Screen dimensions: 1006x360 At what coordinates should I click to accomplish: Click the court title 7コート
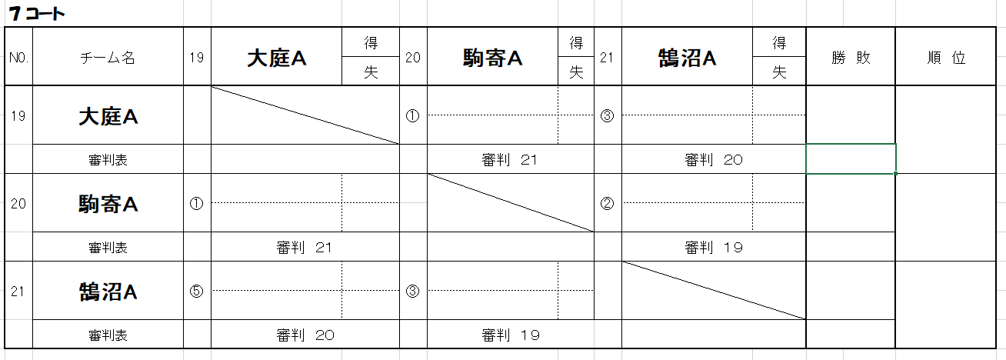pos(38,14)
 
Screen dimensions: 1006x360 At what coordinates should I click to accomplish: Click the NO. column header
pos(18,58)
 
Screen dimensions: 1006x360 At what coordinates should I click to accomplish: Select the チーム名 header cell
pos(108,58)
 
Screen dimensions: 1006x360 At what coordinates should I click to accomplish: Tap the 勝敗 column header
pos(851,58)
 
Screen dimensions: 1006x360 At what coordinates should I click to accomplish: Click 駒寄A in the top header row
pos(492,58)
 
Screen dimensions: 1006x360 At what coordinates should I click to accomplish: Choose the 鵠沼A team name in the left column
pos(108,292)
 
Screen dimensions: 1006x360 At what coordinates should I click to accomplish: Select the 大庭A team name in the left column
pos(108,116)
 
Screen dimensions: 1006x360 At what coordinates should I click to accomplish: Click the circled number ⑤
pos(197,292)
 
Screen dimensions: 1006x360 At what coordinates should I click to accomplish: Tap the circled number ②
pos(608,204)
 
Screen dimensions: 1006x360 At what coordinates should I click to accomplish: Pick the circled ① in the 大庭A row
pos(413,116)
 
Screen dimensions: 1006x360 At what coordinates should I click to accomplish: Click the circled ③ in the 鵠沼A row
pos(413,292)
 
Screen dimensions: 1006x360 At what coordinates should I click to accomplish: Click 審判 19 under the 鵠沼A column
pos(713,248)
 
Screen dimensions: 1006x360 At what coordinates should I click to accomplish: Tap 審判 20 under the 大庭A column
pos(305,335)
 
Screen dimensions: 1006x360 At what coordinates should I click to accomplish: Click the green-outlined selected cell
pos(851,159)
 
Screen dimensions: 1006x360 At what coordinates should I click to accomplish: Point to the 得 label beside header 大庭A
pos(371,44)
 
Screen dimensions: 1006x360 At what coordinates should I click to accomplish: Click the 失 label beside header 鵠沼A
pos(779,72)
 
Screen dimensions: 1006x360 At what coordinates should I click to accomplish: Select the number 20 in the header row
pos(413,58)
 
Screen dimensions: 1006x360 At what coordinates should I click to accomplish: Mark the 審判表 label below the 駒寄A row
pos(108,248)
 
